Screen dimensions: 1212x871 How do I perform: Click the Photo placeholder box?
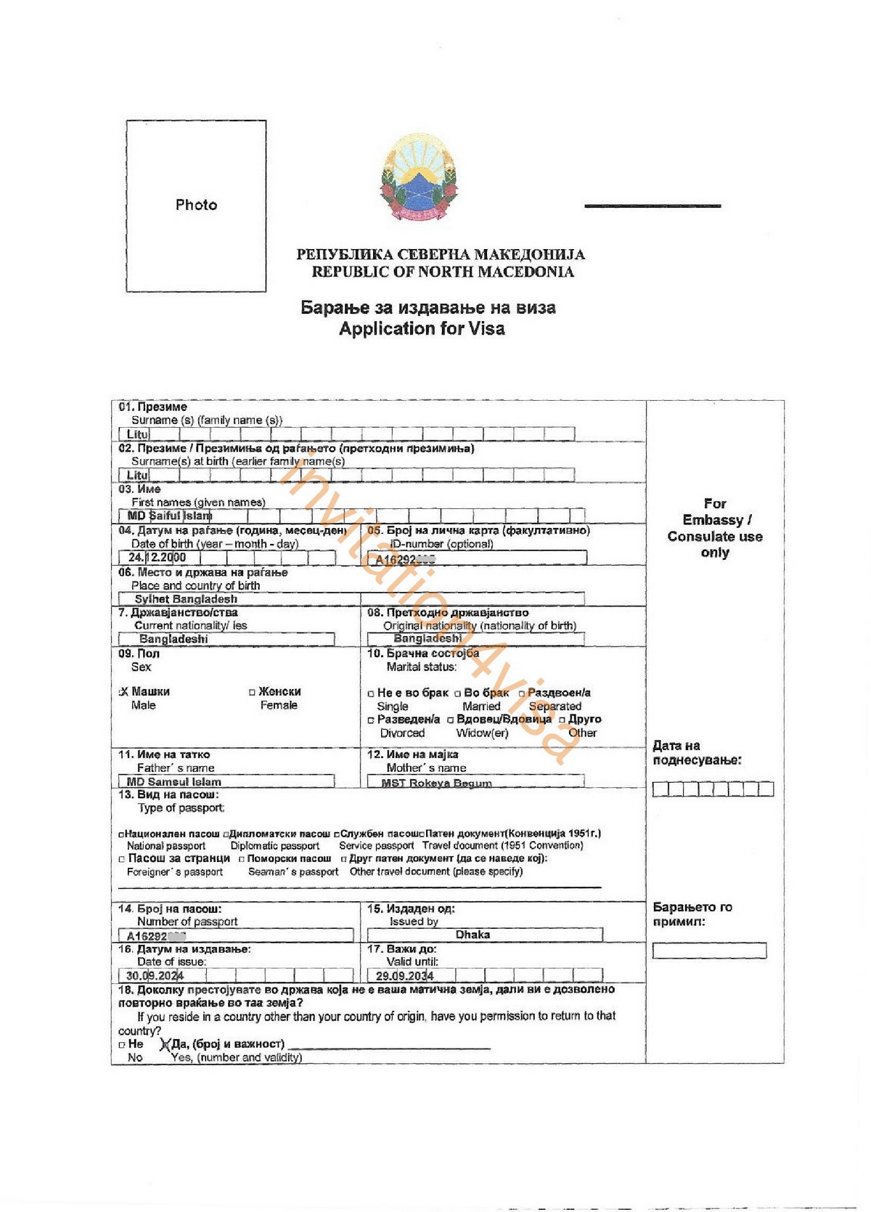[196, 206]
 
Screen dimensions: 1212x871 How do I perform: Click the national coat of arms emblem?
[419, 176]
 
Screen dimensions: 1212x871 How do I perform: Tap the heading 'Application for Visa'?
[422, 329]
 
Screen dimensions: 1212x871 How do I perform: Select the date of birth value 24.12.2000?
[158, 558]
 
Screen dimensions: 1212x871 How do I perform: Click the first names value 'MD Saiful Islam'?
[170, 516]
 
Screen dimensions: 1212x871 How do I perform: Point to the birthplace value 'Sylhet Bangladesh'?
[186, 599]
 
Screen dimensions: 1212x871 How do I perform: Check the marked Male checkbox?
[123, 692]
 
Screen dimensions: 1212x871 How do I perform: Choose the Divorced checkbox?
[371, 720]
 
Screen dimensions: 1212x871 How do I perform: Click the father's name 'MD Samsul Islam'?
[174, 782]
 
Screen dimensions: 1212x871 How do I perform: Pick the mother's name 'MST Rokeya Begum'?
[436, 783]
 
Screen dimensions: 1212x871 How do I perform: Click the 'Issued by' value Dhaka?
[473, 935]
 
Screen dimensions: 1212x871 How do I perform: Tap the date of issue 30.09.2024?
[155, 975]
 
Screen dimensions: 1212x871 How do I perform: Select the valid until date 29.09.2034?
[404, 975]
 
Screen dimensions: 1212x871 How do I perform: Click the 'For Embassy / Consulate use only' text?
[715, 528]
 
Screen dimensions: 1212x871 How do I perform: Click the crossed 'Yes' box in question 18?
[165, 1045]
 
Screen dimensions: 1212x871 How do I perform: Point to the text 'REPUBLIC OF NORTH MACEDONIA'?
[443, 272]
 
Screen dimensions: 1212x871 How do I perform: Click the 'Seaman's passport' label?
[293, 871]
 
